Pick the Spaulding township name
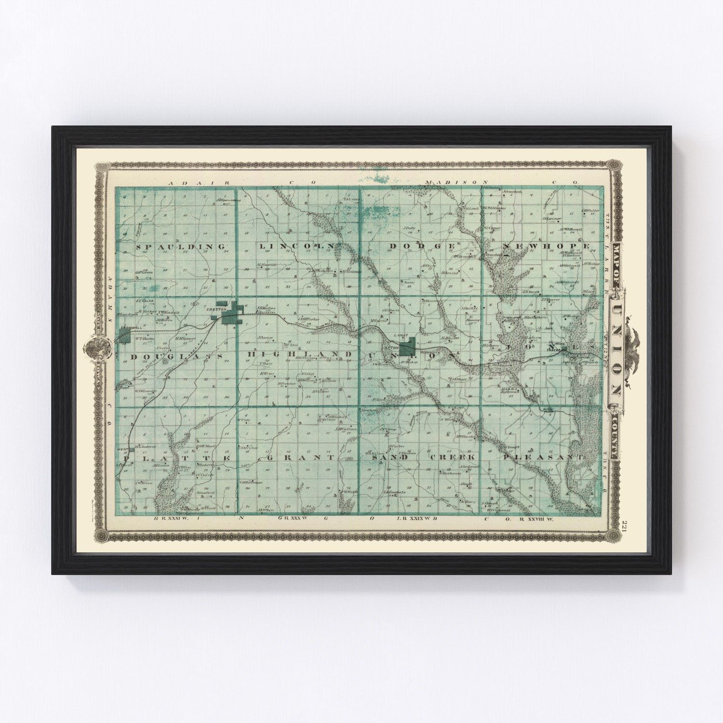(182, 247)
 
